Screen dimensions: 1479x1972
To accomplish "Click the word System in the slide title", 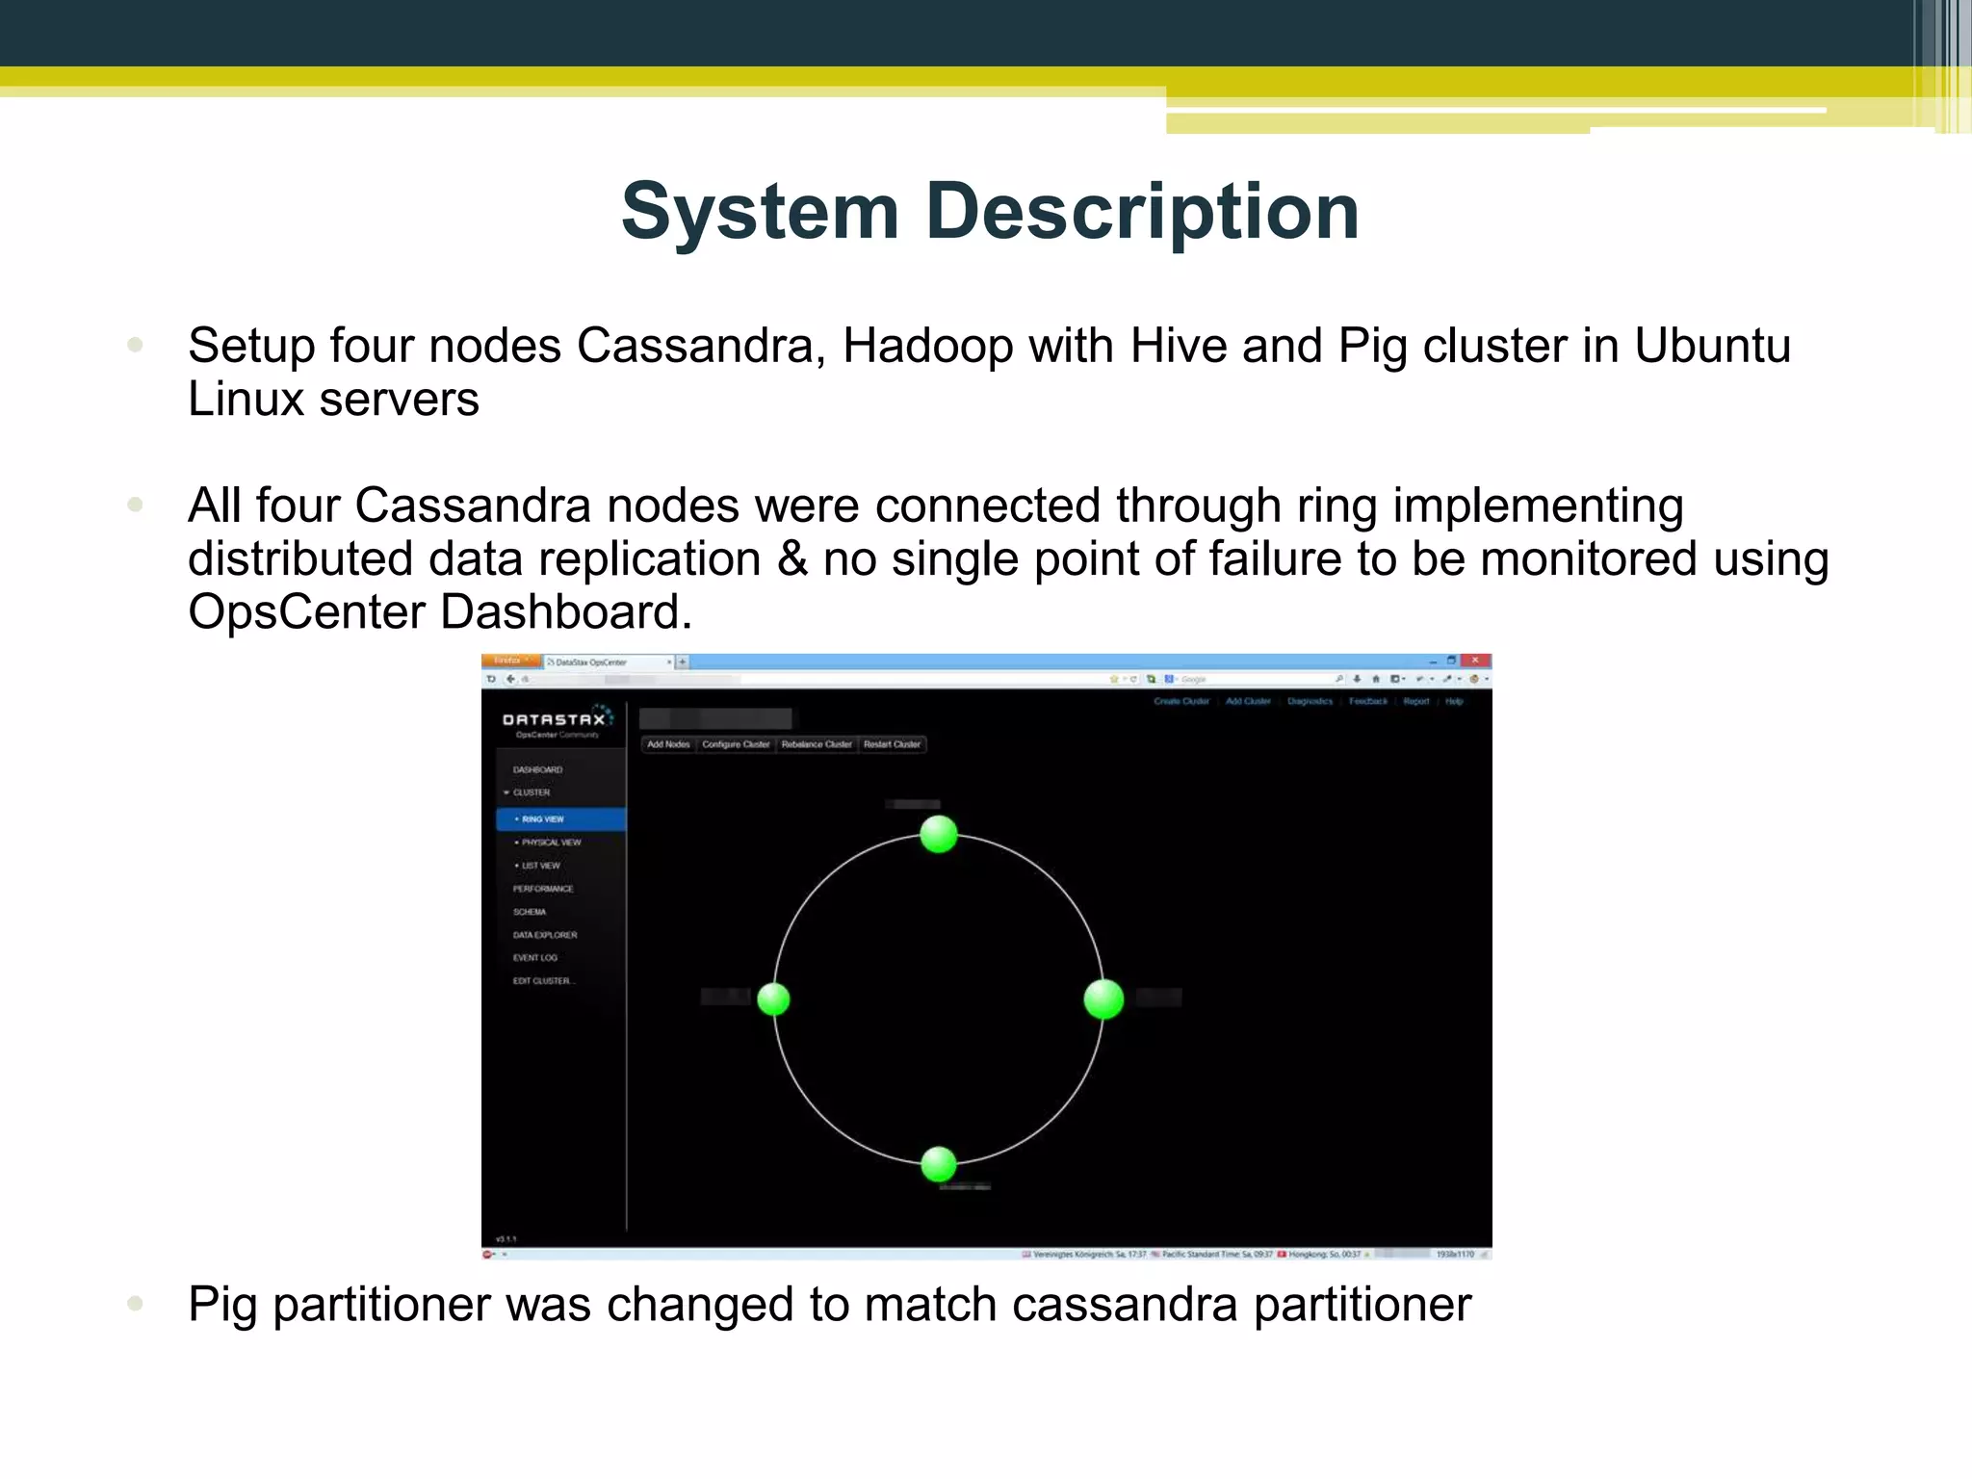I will click(x=760, y=211).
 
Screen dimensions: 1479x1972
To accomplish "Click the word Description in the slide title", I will click(x=1142, y=211).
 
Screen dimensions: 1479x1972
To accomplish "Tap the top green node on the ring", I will click(x=939, y=834).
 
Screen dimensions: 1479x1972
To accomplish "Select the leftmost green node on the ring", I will click(x=773, y=999).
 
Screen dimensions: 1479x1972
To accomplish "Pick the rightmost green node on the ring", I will click(x=1103, y=999).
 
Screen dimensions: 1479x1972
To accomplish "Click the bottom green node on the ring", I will click(x=939, y=1164).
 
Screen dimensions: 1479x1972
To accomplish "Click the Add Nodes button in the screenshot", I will click(x=668, y=744).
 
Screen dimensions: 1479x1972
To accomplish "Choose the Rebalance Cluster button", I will click(x=817, y=744).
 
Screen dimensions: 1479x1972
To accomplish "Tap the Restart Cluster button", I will click(x=892, y=744).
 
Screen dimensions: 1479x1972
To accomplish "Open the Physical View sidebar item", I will click(x=551, y=843).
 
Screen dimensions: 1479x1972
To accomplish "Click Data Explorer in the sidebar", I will click(x=545, y=935).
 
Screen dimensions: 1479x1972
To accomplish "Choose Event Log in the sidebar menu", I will click(x=535, y=958).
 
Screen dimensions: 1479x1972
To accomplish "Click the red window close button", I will click(x=1475, y=661).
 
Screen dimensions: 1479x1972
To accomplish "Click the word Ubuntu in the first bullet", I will click(x=1712, y=346).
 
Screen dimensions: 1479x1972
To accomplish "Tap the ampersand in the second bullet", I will click(x=791, y=559).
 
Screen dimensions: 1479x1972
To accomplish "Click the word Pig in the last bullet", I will click(x=223, y=1306).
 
